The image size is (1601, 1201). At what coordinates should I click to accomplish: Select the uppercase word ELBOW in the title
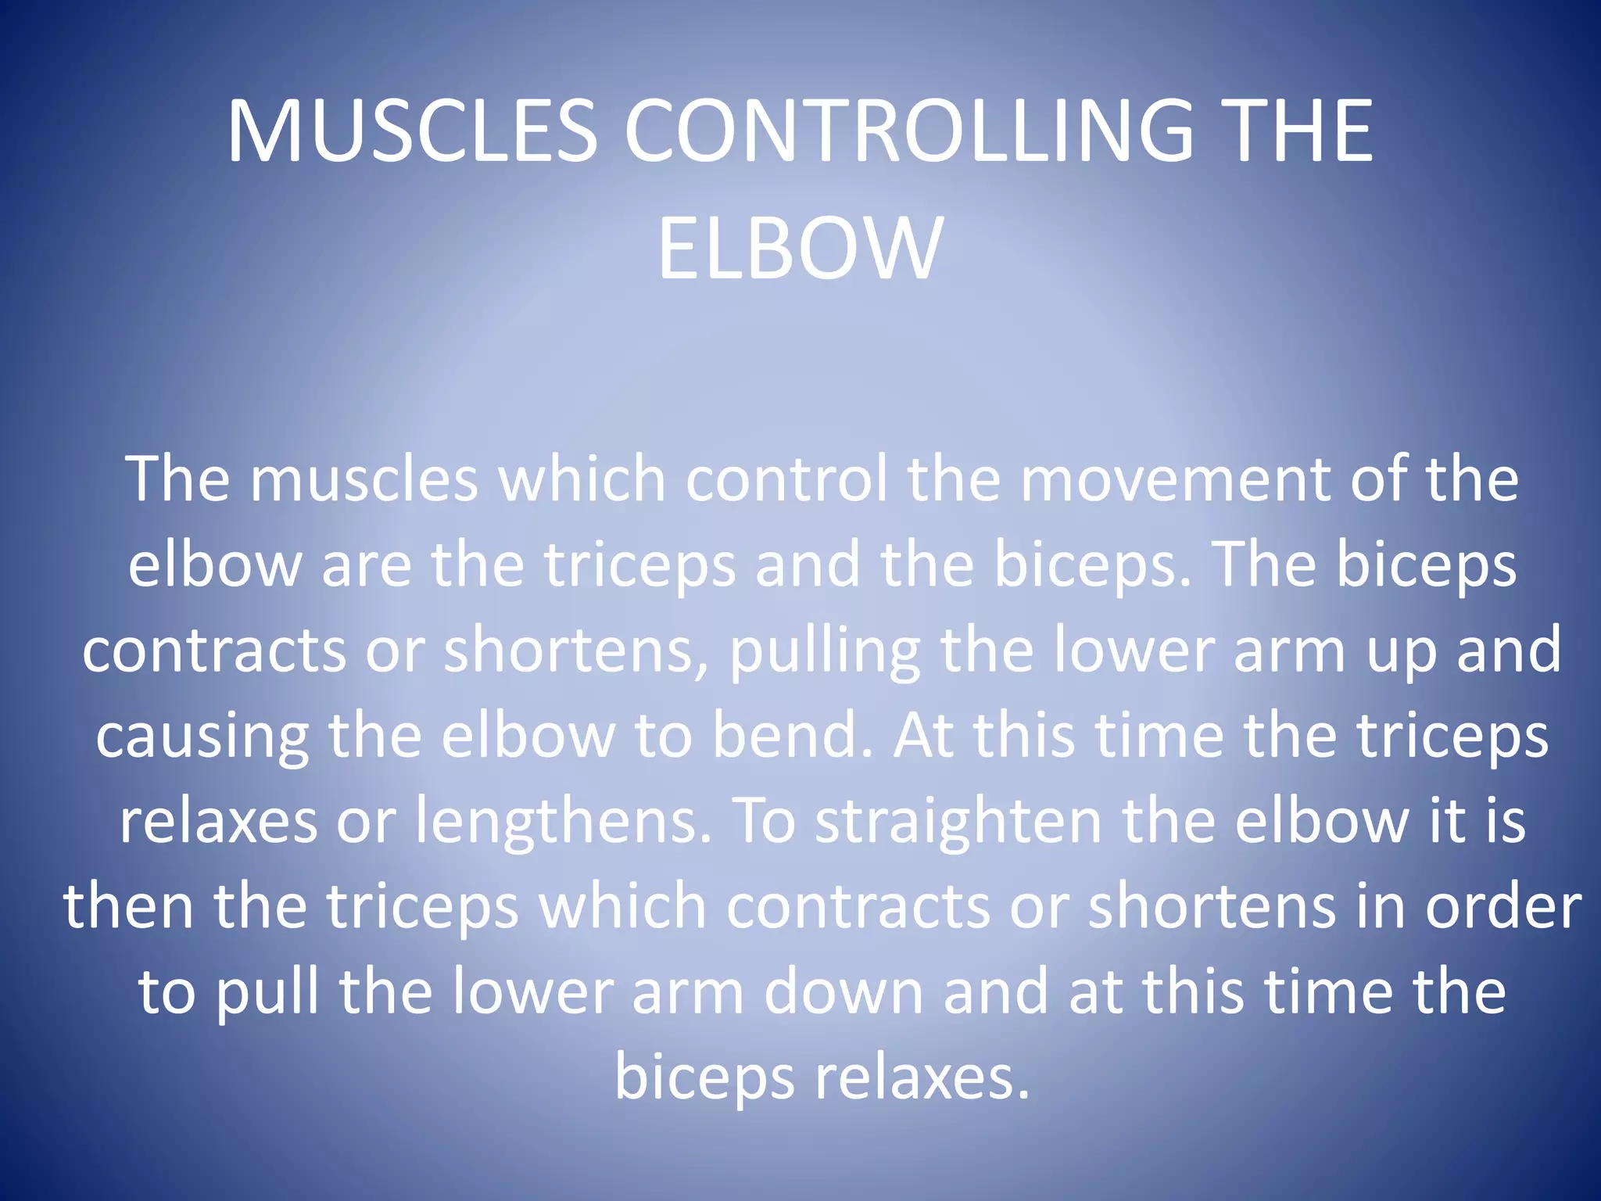(x=800, y=249)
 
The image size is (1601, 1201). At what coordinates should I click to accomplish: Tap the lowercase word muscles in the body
(x=364, y=479)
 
